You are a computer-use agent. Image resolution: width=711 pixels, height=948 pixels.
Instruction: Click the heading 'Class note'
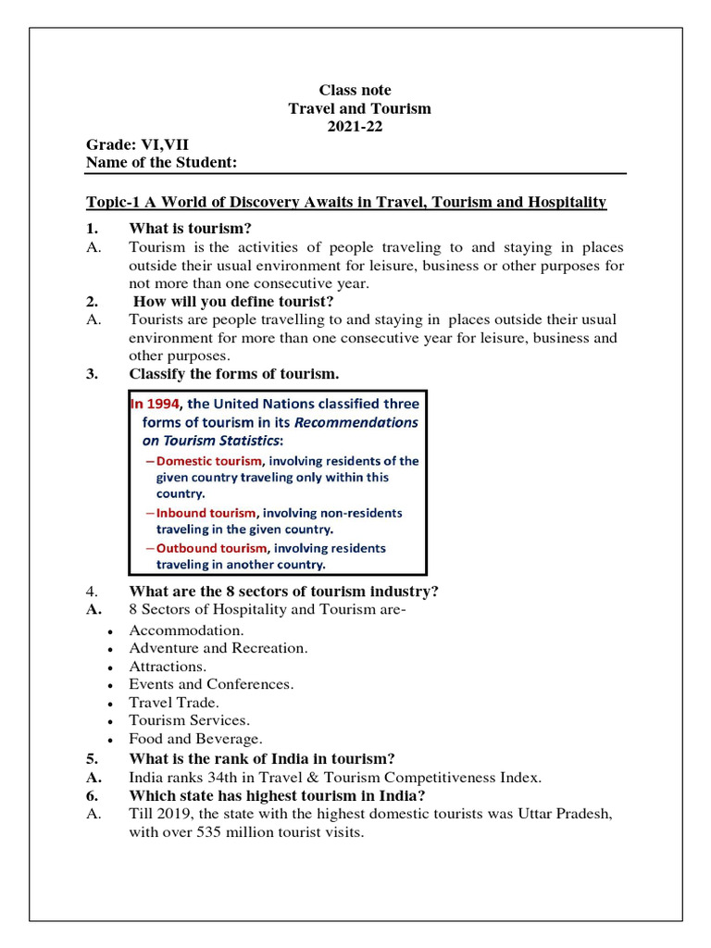(355, 90)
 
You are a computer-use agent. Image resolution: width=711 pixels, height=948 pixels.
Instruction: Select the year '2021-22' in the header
(355, 127)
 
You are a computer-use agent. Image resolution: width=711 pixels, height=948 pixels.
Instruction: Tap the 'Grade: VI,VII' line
(137, 145)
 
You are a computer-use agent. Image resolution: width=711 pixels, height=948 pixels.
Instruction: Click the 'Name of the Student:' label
(161, 163)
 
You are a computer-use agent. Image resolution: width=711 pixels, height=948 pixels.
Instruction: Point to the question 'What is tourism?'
(190, 229)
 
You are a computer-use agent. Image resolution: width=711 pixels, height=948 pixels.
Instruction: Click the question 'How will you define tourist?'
(233, 301)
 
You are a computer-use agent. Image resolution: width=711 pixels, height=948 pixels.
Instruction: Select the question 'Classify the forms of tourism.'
(233, 374)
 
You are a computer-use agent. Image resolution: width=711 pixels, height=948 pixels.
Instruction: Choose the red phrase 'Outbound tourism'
(210, 547)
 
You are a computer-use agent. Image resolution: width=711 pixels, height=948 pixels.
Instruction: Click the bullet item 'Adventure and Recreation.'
(218, 648)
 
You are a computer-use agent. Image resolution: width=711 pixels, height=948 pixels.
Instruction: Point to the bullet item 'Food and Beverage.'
(195, 739)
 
